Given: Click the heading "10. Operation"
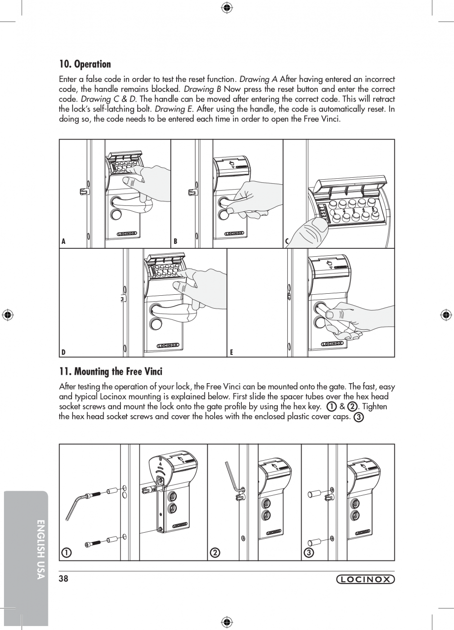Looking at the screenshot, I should click(x=85, y=64).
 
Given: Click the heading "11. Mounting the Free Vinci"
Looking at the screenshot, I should click(x=111, y=371).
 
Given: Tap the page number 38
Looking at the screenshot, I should click(x=63, y=579).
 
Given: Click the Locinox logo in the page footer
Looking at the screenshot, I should click(x=366, y=580).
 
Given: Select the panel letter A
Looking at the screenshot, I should click(x=64, y=241).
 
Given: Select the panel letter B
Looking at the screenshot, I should click(x=175, y=241).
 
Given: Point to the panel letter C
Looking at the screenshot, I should click(x=287, y=241).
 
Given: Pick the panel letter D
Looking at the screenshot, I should click(x=64, y=352).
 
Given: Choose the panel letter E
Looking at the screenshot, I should click(x=231, y=352).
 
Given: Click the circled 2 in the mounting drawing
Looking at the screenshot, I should click(x=215, y=552).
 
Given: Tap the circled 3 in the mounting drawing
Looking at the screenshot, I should click(x=308, y=552).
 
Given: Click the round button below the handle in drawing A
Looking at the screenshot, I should click(x=116, y=215).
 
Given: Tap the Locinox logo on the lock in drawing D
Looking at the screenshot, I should click(x=168, y=346).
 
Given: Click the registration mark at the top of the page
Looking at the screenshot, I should click(x=227, y=7).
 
